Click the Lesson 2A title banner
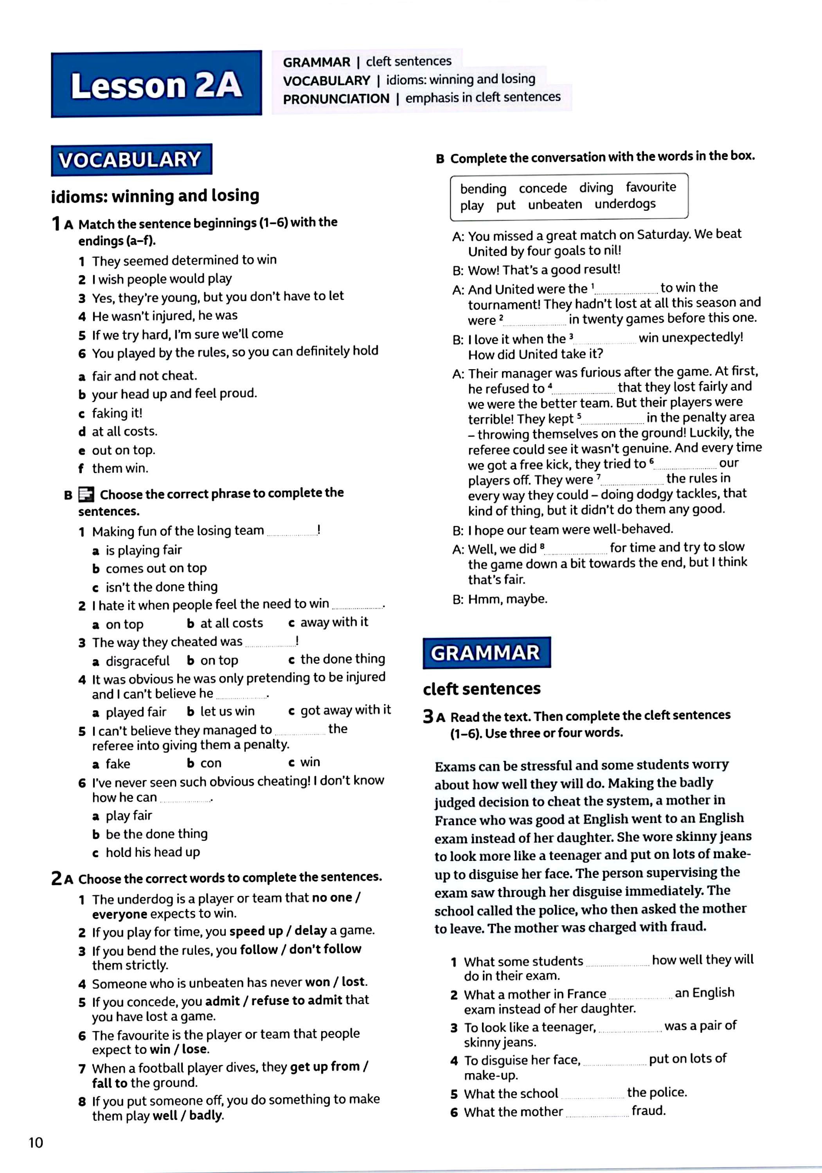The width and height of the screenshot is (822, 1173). (156, 85)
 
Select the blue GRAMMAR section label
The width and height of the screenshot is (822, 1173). (486, 653)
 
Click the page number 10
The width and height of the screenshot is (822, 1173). (36, 1143)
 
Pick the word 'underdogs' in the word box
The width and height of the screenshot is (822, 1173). (625, 204)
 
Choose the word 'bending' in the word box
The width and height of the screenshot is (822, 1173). (483, 188)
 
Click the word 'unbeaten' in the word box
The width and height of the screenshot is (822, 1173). (555, 204)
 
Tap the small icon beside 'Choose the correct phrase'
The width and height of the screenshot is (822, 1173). (86, 495)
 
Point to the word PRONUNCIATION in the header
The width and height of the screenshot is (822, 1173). (336, 99)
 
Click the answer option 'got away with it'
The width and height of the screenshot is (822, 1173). (345, 710)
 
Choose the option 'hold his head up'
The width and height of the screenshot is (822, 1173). (152, 852)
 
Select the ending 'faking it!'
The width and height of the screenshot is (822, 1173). (117, 413)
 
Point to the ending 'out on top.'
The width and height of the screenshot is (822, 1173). (123, 450)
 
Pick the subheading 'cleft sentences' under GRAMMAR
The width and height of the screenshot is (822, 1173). (482, 689)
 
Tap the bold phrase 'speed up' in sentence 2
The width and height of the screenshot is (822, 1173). (255, 931)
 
